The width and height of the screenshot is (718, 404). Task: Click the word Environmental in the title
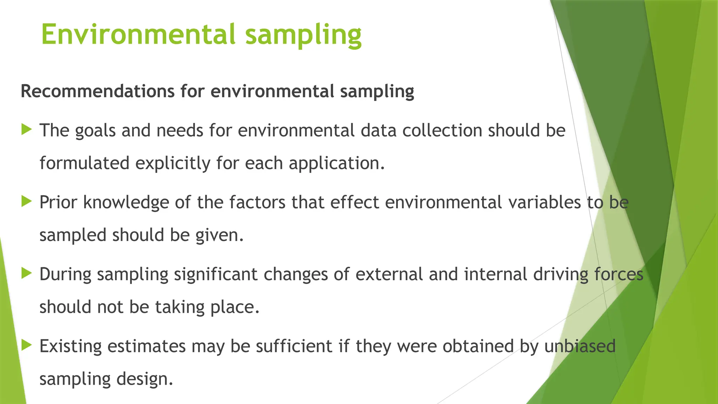pyautogui.click(x=138, y=34)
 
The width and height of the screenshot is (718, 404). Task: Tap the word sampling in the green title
pyautogui.click(x=303, y=35)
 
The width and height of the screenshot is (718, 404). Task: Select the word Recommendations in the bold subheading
pyautogui.click(x=97, y=91)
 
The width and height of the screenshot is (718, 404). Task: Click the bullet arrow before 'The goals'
pyautogui.click(x=26, y=129)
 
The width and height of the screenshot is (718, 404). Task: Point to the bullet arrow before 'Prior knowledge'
pyautogui.click(x=26, y=201)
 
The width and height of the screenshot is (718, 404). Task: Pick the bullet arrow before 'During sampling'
pyautogui.click(x=26, y=273)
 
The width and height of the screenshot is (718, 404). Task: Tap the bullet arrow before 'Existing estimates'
pyautogui.click(x=26, y=345)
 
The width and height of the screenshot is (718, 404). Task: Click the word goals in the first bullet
pyautogui.click(x=95, y=131)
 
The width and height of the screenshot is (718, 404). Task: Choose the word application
pyautogui.click(x=336, y=163)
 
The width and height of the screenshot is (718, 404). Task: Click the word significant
pyautogui.click(x=216, y=274)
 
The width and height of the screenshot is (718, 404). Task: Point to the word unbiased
pyautogui.click(x=580, y=346)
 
